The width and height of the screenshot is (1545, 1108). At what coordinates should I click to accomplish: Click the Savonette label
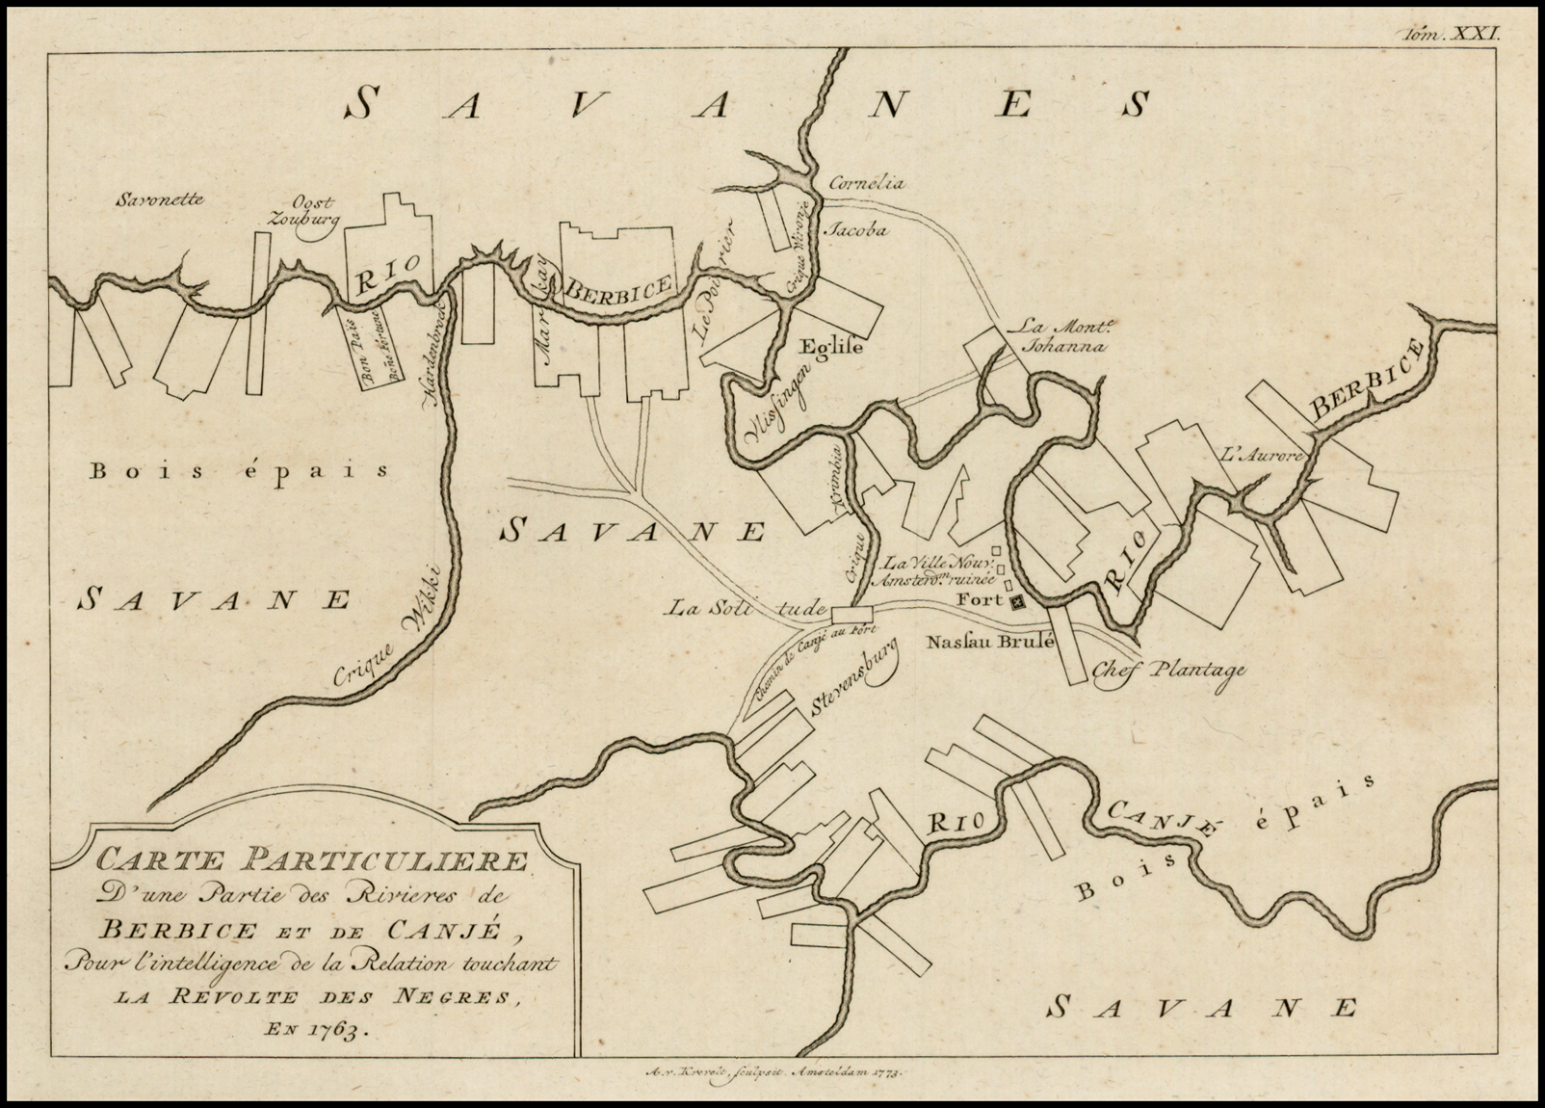tap(160, 201)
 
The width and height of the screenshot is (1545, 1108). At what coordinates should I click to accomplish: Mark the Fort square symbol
tap(1016, 602)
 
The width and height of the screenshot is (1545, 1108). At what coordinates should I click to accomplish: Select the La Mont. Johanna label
tap(1055, 336)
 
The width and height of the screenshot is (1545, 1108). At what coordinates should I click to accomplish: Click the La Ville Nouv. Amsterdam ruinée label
tap(930, 571)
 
